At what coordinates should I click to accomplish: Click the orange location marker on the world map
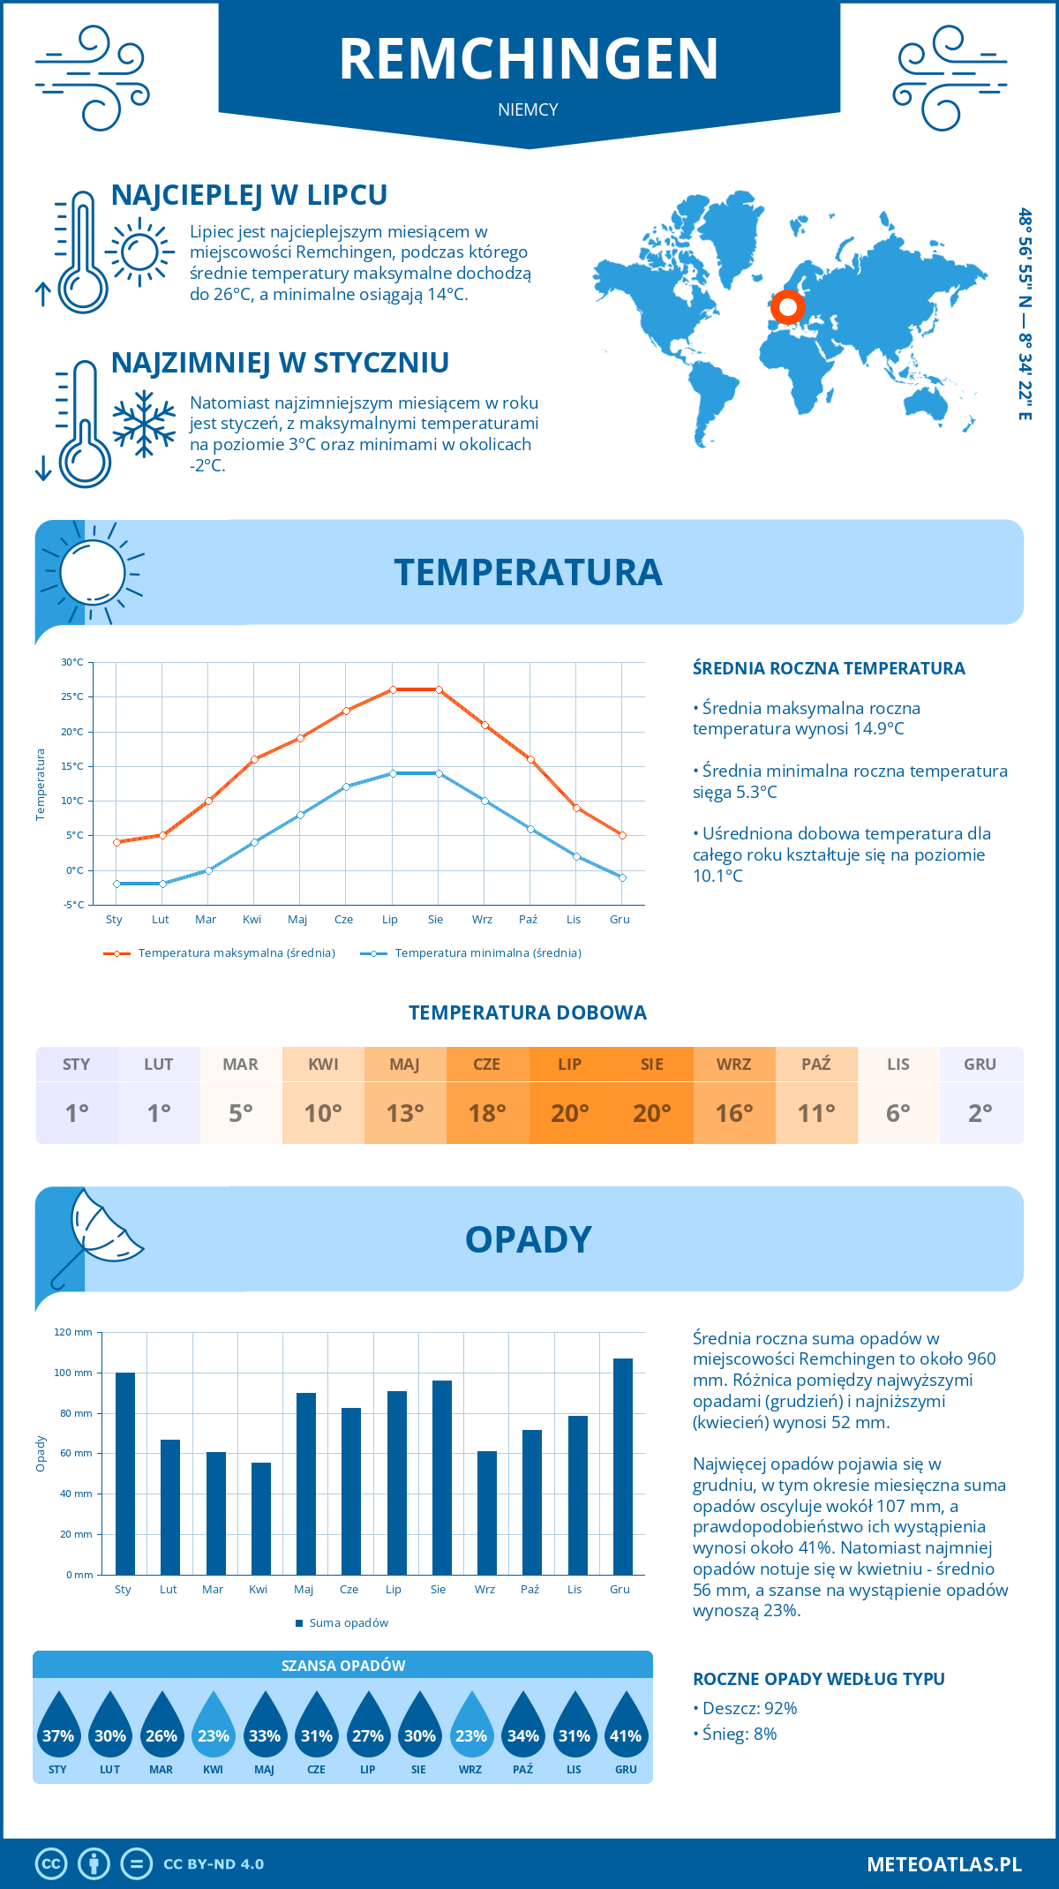pyautogui.click(x=787, y=308)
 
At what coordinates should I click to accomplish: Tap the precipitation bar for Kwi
pyautogui.click(x=261, y=1518)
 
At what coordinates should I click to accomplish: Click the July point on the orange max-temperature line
pyautogui.click(x=393, y=689)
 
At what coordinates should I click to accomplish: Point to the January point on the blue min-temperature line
pyautogui.click(x=116, y=884)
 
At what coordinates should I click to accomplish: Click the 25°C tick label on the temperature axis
pyautogui.click(x=72, y=696)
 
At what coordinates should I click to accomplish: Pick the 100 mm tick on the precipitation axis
pyautogui.click(x=73, y=1373)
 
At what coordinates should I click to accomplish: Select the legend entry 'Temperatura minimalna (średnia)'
pyautogui.click(x=487, y=953)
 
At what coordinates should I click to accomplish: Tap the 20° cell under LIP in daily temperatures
pyautogui.click(x=569, y=1113)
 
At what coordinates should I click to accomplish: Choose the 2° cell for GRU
pyautogui.click(x=980, y=1113)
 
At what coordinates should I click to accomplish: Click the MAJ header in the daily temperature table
pyautogui.click(x=405, y=1065)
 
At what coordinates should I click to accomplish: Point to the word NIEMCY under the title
pyautogui.click(x=528, y=109)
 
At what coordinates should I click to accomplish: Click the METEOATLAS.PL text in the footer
pyautogui.click(x=943, y=1863)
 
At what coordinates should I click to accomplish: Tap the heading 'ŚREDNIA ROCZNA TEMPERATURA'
pyautogui.click(x=829, y=668)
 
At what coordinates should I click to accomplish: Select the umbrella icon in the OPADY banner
pyautogui.click(x=97, y=1231)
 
